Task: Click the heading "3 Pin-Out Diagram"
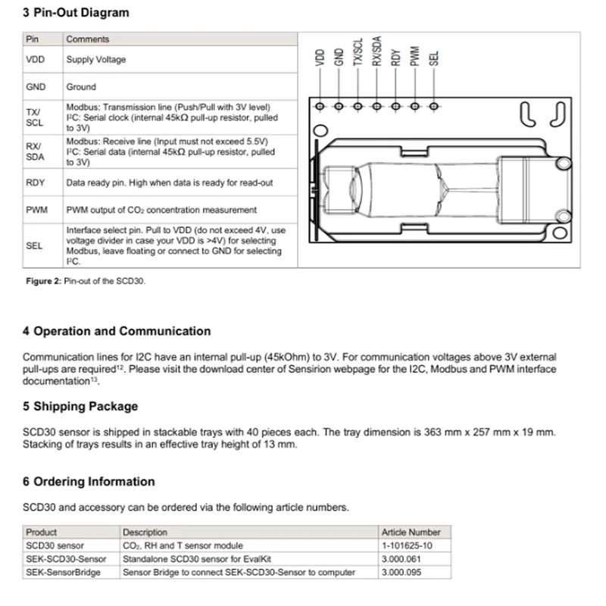click(x=76, y=13)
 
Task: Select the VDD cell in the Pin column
click(x=34, y=60)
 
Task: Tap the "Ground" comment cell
click(x=81, y=87)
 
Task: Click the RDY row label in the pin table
click(x=35, y=183)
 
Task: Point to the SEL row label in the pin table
click(x=34, y=245)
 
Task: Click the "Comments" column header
click(x=88, y=39)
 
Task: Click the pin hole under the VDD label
click(x=320, y=107)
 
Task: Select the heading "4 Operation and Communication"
click(x=117, y=331)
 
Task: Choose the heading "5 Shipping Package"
click(x=80, y=406)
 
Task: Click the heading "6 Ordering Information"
click(x=89, y=482)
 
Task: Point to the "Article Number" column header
click(x=411, y=533)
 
